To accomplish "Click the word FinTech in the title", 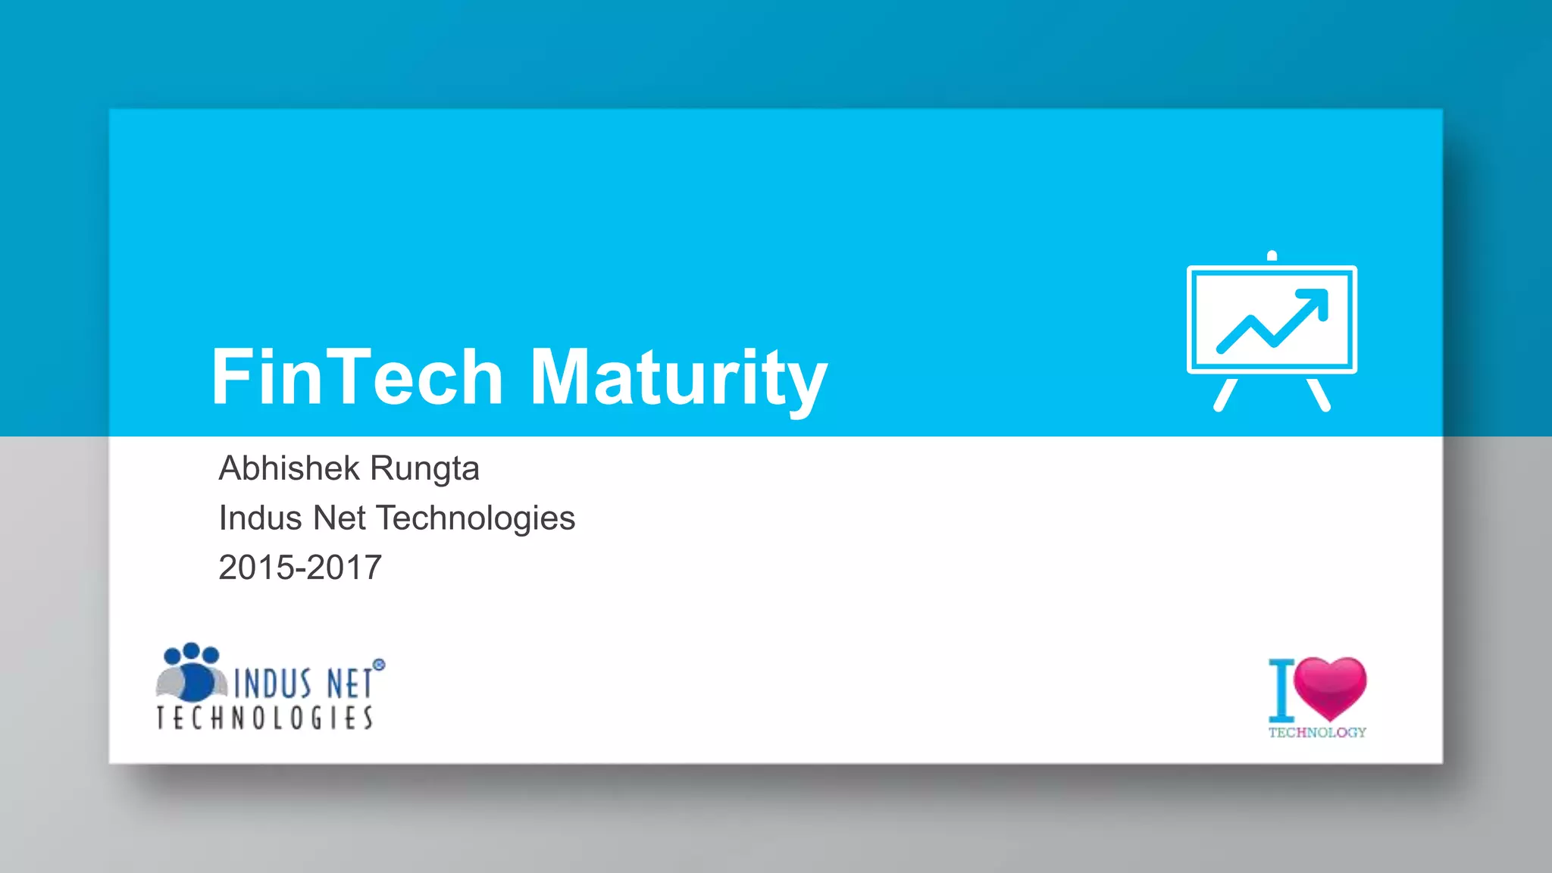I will click(x=357, y=377).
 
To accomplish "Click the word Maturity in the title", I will click(x=678, y=377).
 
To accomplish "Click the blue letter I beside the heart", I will click(x=1281, y=690).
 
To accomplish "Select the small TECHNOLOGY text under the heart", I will click(x=1317, y=732).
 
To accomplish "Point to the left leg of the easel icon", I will click(x=1225, y=395).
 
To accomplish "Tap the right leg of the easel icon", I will click(x=1319, y=395).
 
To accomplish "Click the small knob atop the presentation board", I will click(x=1272, y=255).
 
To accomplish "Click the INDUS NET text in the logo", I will click(x=303, y=683).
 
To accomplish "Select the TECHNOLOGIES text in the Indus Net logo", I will click(x=264, y=718).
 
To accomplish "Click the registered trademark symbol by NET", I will click(x=379, y=665).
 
